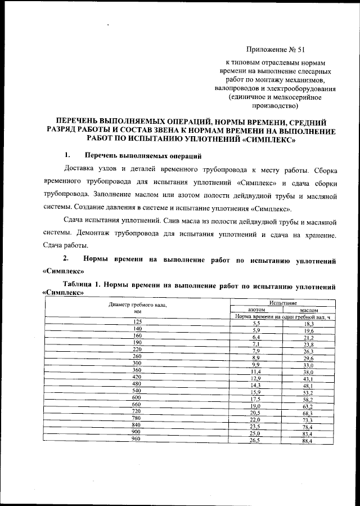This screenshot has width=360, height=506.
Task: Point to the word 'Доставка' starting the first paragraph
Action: [81, 169]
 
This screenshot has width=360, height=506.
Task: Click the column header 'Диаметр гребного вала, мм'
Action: [138, 307]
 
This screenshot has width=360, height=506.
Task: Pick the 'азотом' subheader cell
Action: [256, 310]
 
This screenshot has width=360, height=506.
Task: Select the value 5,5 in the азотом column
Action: [256, 324]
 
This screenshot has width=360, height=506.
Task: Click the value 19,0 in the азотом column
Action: [256, 406]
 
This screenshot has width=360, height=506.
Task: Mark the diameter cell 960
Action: [136, 438]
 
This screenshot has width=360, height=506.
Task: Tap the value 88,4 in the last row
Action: [307, 442]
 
